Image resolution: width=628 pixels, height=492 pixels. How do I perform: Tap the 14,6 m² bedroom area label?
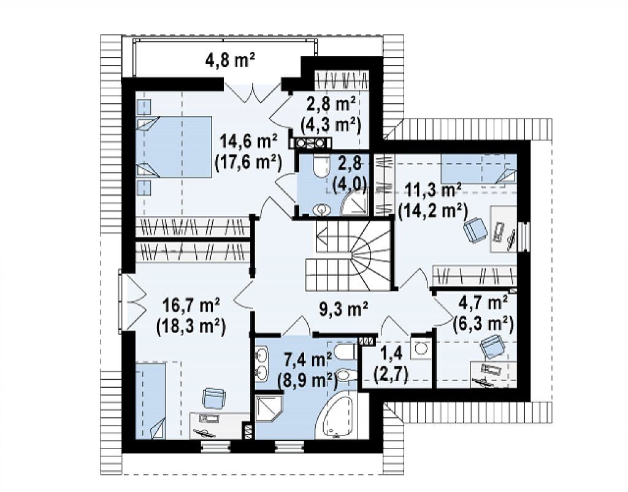248,142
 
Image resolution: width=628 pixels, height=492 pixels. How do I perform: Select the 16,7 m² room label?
191,307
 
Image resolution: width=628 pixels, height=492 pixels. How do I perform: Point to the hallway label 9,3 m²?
343,309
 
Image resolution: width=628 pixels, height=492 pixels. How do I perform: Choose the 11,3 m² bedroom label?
434,190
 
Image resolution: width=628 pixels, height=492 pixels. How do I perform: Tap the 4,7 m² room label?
486,303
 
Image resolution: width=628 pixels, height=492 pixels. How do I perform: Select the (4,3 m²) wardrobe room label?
331,125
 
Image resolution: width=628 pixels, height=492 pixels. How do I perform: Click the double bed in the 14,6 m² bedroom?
174,146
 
